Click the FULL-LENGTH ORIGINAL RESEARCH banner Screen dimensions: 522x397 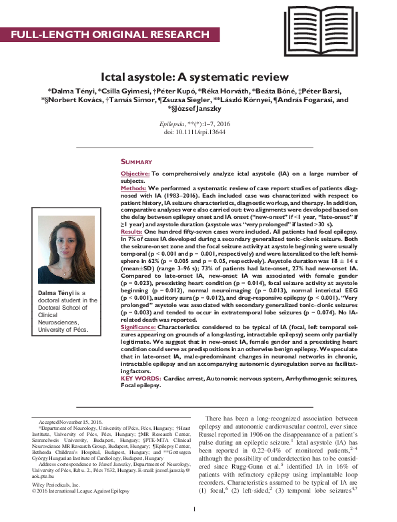[110, 34]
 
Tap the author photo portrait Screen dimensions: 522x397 [66, 248]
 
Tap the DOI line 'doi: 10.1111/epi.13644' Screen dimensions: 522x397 [198, 133]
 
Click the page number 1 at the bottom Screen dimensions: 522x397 [193, 511]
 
